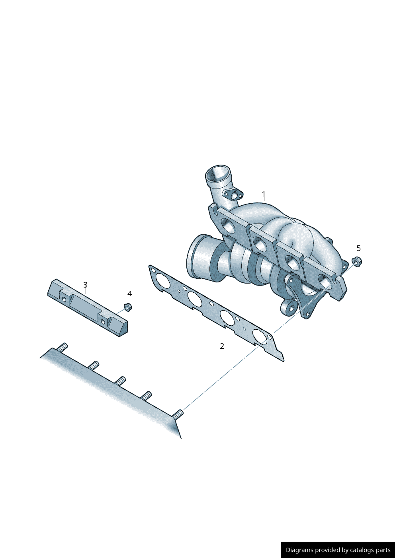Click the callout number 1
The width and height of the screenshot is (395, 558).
[264, 194]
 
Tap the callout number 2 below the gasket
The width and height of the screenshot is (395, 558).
[222, 346]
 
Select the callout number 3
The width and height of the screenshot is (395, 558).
[85, 284]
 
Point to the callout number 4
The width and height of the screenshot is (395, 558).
[129, 294]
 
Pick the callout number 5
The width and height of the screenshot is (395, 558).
[358, 248]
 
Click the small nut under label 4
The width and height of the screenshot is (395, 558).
[128, 307]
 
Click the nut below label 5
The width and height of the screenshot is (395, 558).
[357, 262]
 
